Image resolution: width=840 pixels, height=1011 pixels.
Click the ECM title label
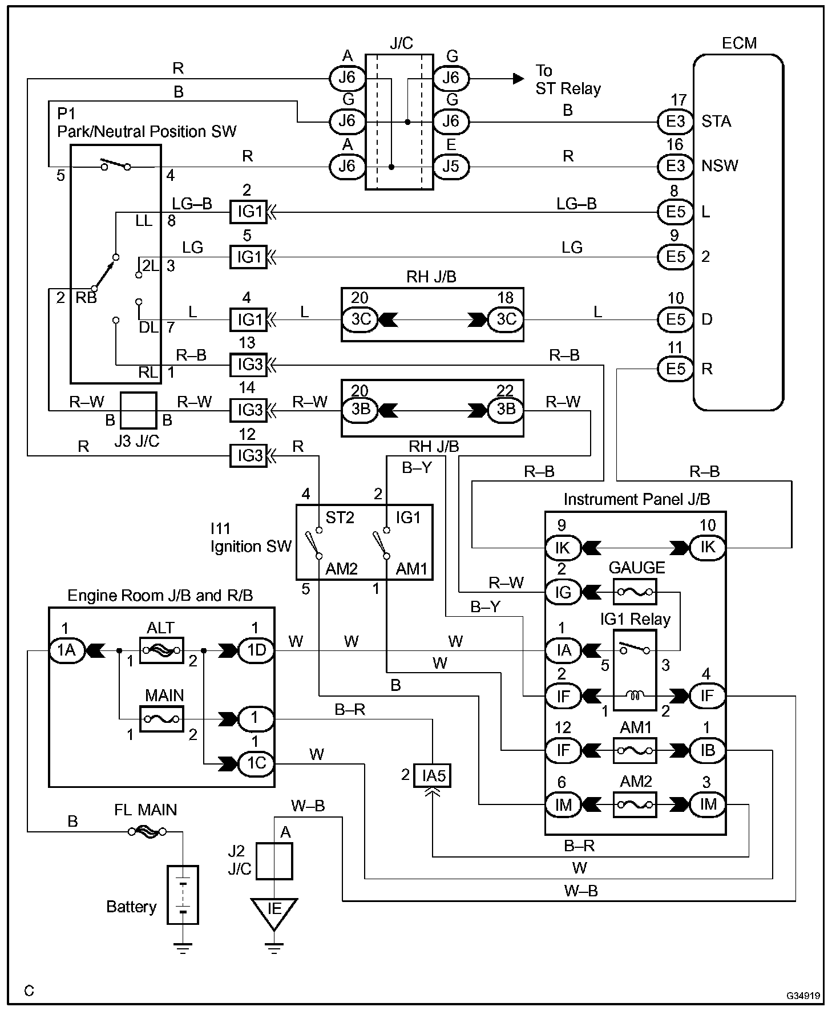point(739,43)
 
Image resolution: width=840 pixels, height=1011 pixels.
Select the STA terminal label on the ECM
point(716,121)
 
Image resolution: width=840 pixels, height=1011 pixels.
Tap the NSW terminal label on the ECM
point(720,166)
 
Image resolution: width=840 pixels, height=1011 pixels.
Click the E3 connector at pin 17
point(676,121)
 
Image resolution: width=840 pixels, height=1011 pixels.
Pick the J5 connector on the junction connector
point(451,167)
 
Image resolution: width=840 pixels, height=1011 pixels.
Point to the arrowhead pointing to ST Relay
point(518,78)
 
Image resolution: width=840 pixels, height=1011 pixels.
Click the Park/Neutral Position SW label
point(147,132)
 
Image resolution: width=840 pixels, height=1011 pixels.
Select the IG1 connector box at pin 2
point(248,212)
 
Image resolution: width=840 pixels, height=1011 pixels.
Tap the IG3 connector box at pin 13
point(248,365)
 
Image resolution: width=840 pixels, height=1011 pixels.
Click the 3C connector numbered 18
point(506,319)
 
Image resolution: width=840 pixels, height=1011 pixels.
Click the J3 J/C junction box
point(138,410)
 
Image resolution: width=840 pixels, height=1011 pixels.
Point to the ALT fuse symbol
point(161,650)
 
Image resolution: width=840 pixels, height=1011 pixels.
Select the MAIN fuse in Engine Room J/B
point(161,719)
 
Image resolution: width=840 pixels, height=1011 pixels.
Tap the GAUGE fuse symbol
point(635,592)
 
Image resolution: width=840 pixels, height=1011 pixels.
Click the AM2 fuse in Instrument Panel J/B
point(635,804)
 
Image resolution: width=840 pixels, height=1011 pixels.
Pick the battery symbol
point(183,895)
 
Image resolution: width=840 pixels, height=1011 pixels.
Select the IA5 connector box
point(433,775)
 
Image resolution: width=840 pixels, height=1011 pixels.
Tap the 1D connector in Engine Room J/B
point(256,650)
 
